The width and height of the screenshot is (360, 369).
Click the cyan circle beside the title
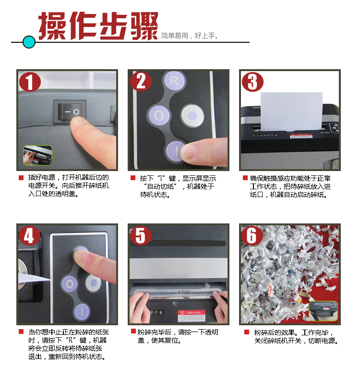(x=29, y=42)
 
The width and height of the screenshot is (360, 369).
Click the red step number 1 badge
(x=30, y=82)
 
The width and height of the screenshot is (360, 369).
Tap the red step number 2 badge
(x=141, y=81)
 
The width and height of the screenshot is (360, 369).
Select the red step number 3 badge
(x=252, y=82)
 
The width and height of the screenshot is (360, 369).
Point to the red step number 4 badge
(x=29, y=235)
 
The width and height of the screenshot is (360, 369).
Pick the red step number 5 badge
(x=141, y=235)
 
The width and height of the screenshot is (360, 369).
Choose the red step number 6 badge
(x=252, y=235)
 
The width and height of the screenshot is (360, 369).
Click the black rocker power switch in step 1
(x=70, y=112)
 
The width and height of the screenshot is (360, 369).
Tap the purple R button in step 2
(x=174, y=81)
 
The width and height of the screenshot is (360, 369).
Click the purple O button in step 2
(x=159, y=116)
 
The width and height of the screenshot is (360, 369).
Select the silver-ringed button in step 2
(x=192, y=115)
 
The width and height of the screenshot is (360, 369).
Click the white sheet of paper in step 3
(x=291, y=111)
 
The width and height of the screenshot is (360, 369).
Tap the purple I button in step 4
(x=82, y=312)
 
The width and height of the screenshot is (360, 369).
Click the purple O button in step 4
(x=70, y=284)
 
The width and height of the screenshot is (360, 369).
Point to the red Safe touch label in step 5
(x=192, y=316)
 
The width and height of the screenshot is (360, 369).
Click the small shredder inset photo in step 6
(x=323, y=311)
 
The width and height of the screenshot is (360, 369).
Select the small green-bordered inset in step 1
(x=37, y=155)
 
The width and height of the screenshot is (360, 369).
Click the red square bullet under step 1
(x=21, y=178)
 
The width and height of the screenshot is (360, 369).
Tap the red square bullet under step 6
(x=247, y=332)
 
